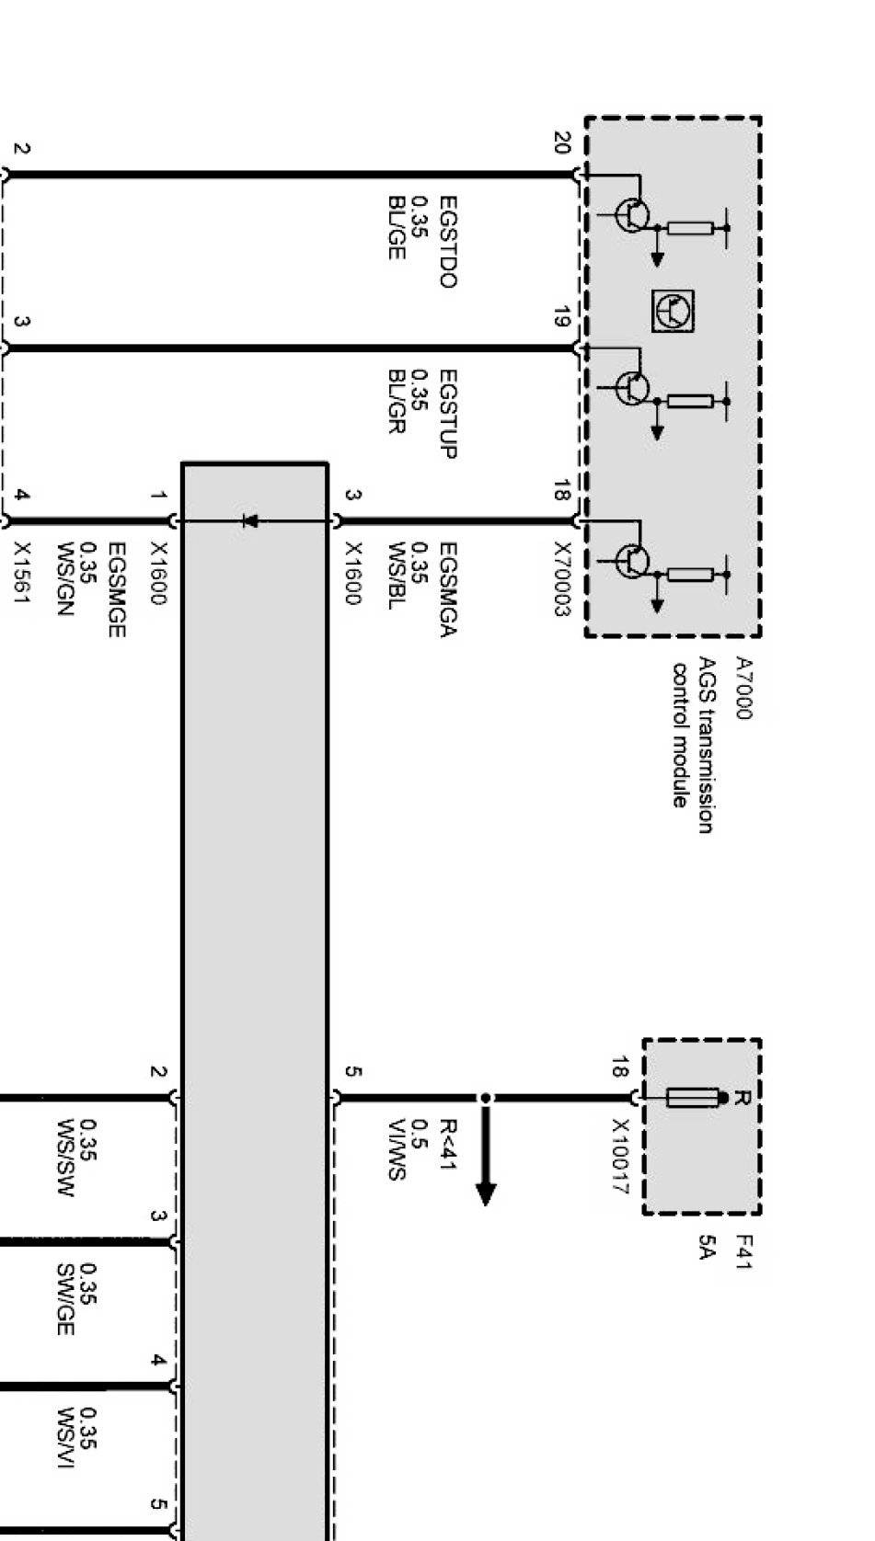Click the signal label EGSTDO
point(447,241)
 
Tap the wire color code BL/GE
point(397,226)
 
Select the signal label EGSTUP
point(447,413)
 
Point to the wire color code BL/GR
point(397,401)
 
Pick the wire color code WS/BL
point(397,576)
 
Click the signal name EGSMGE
point(117,589)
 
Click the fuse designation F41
point(743,1252)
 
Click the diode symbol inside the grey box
point(248,521)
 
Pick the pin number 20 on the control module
point(562,143)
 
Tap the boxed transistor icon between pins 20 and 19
point(674,311)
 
